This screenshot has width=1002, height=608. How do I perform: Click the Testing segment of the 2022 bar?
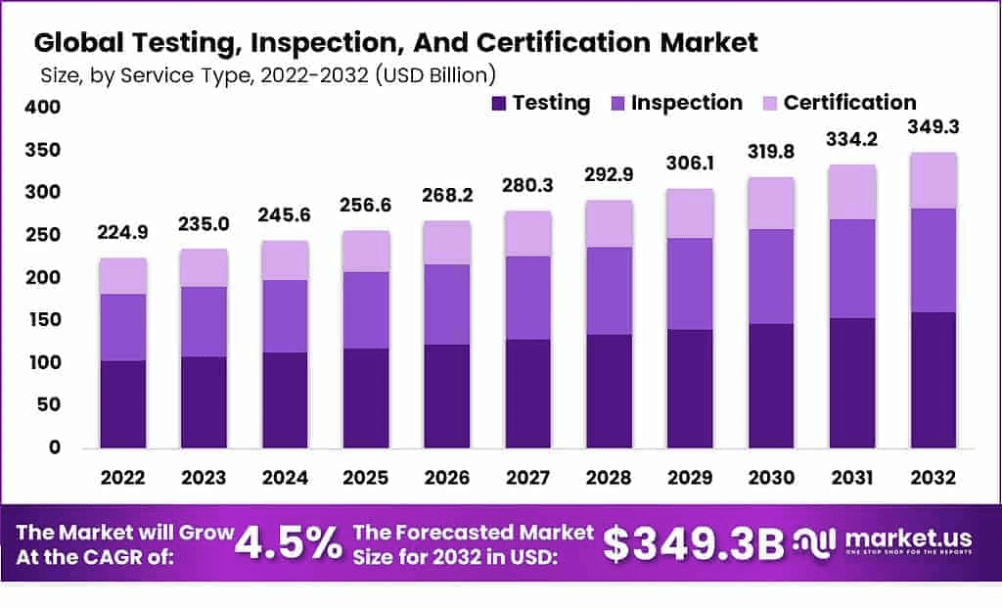[122, 403]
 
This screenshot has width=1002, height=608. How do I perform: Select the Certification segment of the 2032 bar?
[933, 180]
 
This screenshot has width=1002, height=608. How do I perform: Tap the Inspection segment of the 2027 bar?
[527, 298]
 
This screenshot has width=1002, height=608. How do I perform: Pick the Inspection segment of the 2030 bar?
[772, 276]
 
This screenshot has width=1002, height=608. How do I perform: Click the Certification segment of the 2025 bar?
[365, 251]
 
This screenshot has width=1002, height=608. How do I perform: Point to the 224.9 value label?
[122, 232]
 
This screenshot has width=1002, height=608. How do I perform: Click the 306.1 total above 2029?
[691, 164]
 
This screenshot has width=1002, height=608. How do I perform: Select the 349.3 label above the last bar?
[933, 127]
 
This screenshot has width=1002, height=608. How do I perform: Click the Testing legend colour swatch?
[498, 103]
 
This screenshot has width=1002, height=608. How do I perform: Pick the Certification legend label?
[849, 103]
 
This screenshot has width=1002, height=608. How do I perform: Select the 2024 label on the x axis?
[285, 477]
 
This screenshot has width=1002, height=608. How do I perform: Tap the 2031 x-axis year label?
[852, 477]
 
